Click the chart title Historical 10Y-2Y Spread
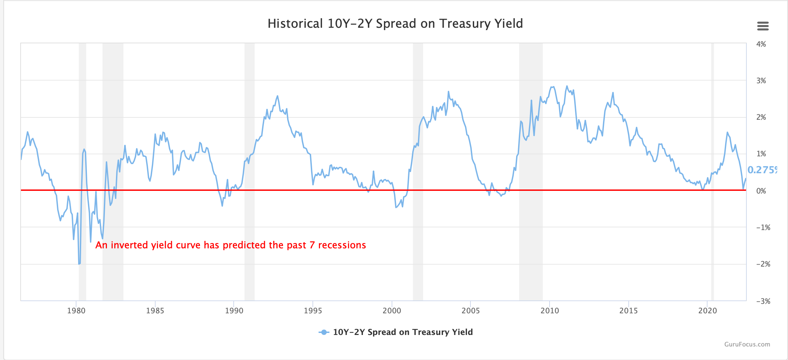tap(395, 24)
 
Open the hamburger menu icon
tap(763, 26)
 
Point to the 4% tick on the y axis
tap(761, 44)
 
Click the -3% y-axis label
tap(763, 301)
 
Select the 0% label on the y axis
tap(761, 191)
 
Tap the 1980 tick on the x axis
tap(76, 311)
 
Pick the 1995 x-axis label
tap(313, 311)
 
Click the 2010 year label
tap(550, 311)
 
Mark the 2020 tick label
tap(708, 311)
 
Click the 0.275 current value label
tap(762, 170)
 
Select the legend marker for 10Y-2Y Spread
tap(324, 332)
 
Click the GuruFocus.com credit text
tap(747, 344)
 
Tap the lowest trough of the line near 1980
tap(79, 263)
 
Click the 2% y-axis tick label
tap(761, 117)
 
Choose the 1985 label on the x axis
tap(155, 311)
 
